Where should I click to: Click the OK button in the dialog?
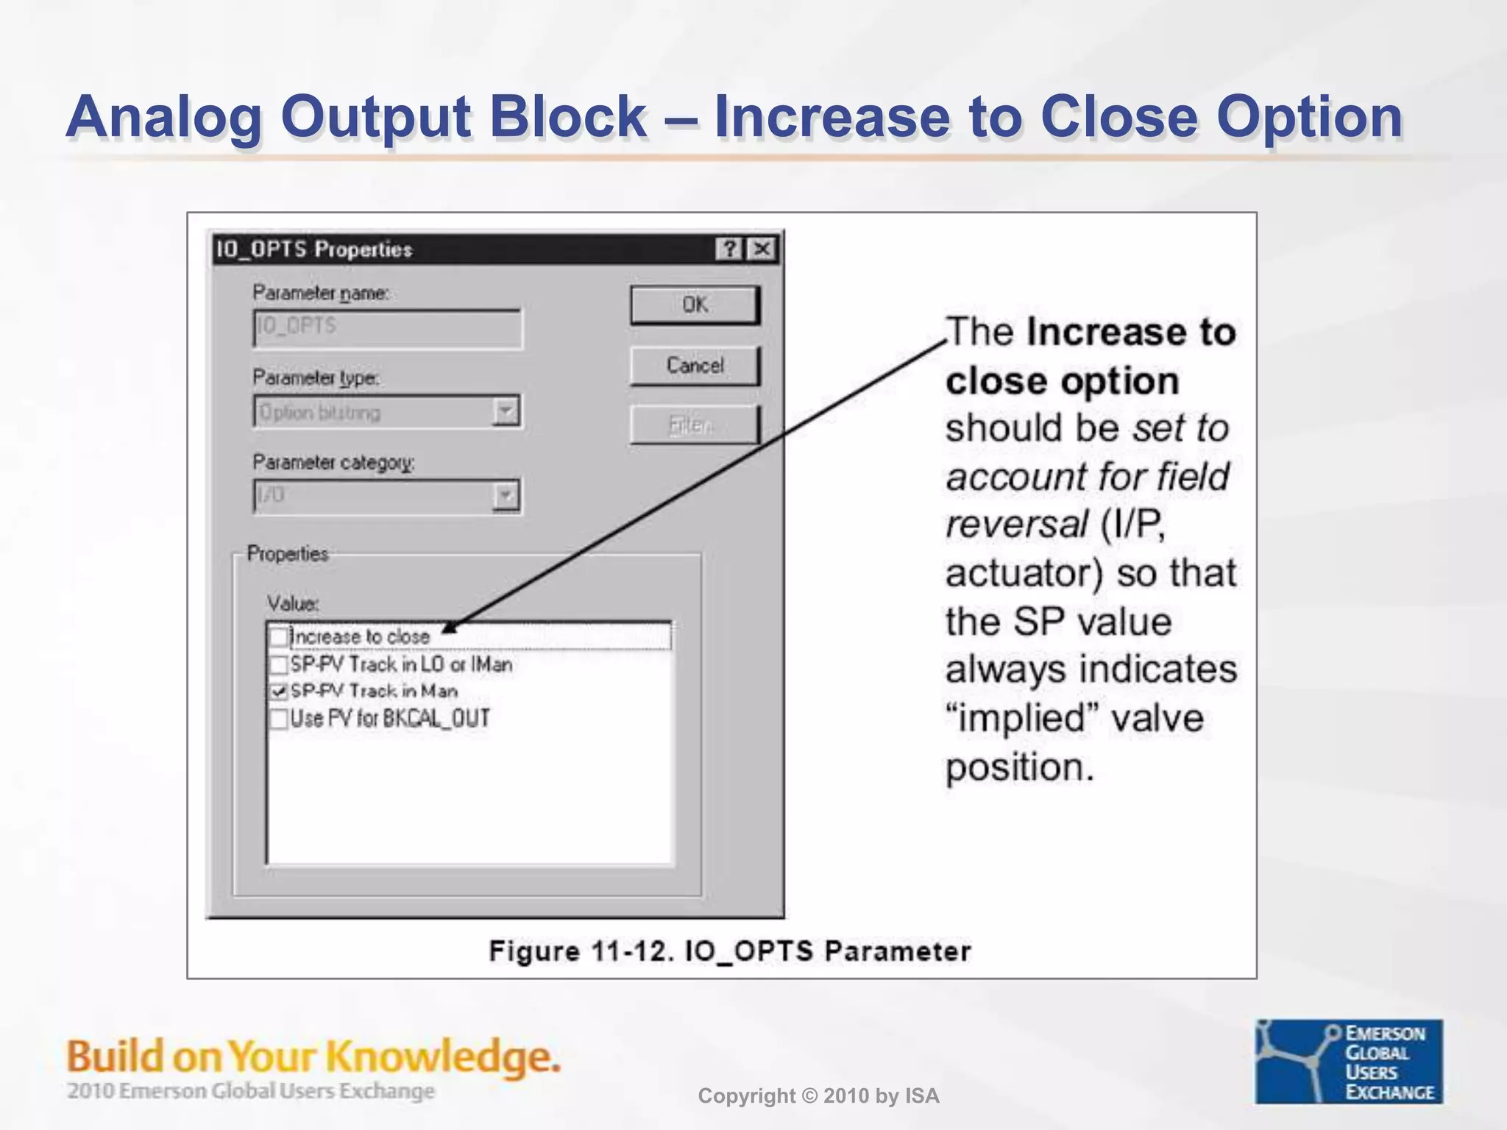point(695,305)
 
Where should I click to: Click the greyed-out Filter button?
point(693,424)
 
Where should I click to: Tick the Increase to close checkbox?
point(279,636)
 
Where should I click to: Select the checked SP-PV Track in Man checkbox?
point(279,692)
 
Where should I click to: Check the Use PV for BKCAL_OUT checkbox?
point(279,719)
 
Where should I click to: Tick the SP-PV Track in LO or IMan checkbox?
point(279,664)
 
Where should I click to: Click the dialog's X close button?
point(762,249)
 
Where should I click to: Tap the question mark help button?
point(729,249)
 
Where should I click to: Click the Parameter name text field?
point(387,327)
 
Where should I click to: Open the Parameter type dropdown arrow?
point(506,411)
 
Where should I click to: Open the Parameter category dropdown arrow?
point(506,496)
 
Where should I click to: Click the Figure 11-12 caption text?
point(729,950)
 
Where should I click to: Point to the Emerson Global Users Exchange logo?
point(1348,1061)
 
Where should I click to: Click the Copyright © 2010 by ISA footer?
point(818,1096)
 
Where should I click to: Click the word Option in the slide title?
point(1309,118)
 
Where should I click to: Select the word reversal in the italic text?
point(1016,525)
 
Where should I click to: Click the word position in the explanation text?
point(1019,767)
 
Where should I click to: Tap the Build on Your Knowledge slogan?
point(313,1057)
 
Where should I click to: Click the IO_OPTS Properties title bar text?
point(314,249)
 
